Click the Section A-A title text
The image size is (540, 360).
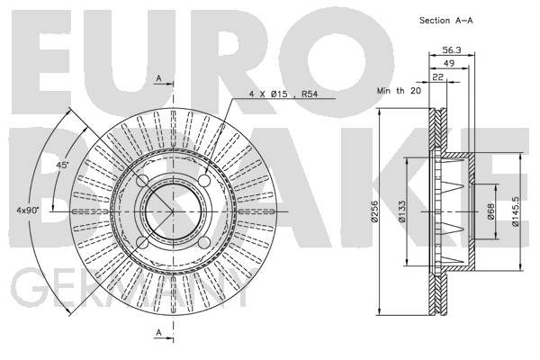(x=446, y=21)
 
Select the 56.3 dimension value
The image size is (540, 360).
(x=452, y=50)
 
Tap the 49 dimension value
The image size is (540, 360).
(x=449, y=63)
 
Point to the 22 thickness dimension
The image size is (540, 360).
(x=437, y=76)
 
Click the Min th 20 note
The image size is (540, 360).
(x=399, y=91)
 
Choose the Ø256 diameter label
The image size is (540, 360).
(x=375, y=211)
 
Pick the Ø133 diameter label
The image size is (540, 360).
(x=401, y=211)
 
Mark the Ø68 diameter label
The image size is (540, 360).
(x=490, y=211)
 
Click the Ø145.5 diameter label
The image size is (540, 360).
(x=515, y=211)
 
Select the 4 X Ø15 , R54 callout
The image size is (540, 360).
(x=283, y=94)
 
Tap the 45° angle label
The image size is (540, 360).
(x=62, y=166)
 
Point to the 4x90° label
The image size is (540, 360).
(x=28, y=210)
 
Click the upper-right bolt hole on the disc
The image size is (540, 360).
(x=204, y=180)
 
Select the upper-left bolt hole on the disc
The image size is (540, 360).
(x=142, y=180)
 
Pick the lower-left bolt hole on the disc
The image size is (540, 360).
(x=142, y=242)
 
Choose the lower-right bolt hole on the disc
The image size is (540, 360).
(x=204, y=242)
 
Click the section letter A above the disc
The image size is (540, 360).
(x=158, y=78)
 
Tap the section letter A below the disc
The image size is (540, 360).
(x=158, y=333)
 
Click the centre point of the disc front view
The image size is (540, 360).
(x=173, y=211)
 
